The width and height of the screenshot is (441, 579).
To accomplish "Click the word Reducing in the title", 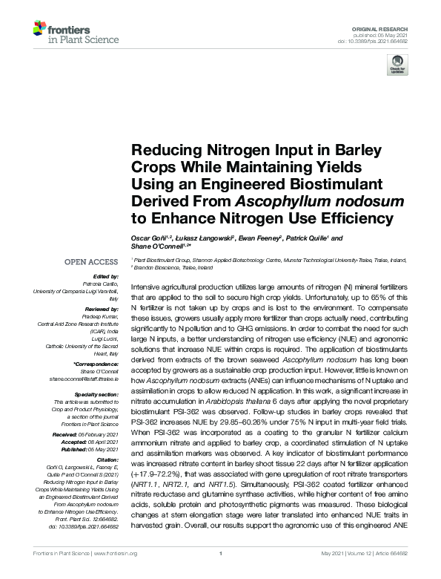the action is pyautogui.click(x=165, y=148).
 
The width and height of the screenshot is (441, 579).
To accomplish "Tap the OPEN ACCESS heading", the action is pyautogui.click(x=92, y=262).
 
